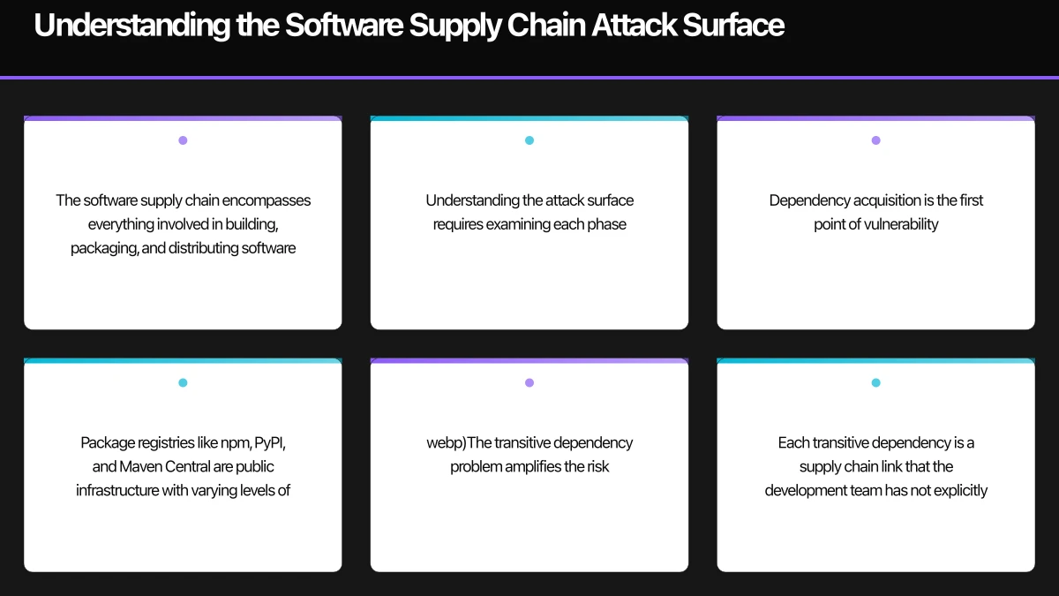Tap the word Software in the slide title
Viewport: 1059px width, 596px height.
tap(342, 26)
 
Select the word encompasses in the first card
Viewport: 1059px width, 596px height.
tap(268, 200)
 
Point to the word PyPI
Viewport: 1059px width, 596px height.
tap(270, 442)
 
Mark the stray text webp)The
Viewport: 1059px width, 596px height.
tap(459, 442)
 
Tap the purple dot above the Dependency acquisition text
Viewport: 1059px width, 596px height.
tap(875, 140)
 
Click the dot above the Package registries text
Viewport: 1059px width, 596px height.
tap(183, 383)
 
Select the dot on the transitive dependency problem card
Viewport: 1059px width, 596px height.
tap(529, 383)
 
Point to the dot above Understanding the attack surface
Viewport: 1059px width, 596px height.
tap(529, 140)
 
